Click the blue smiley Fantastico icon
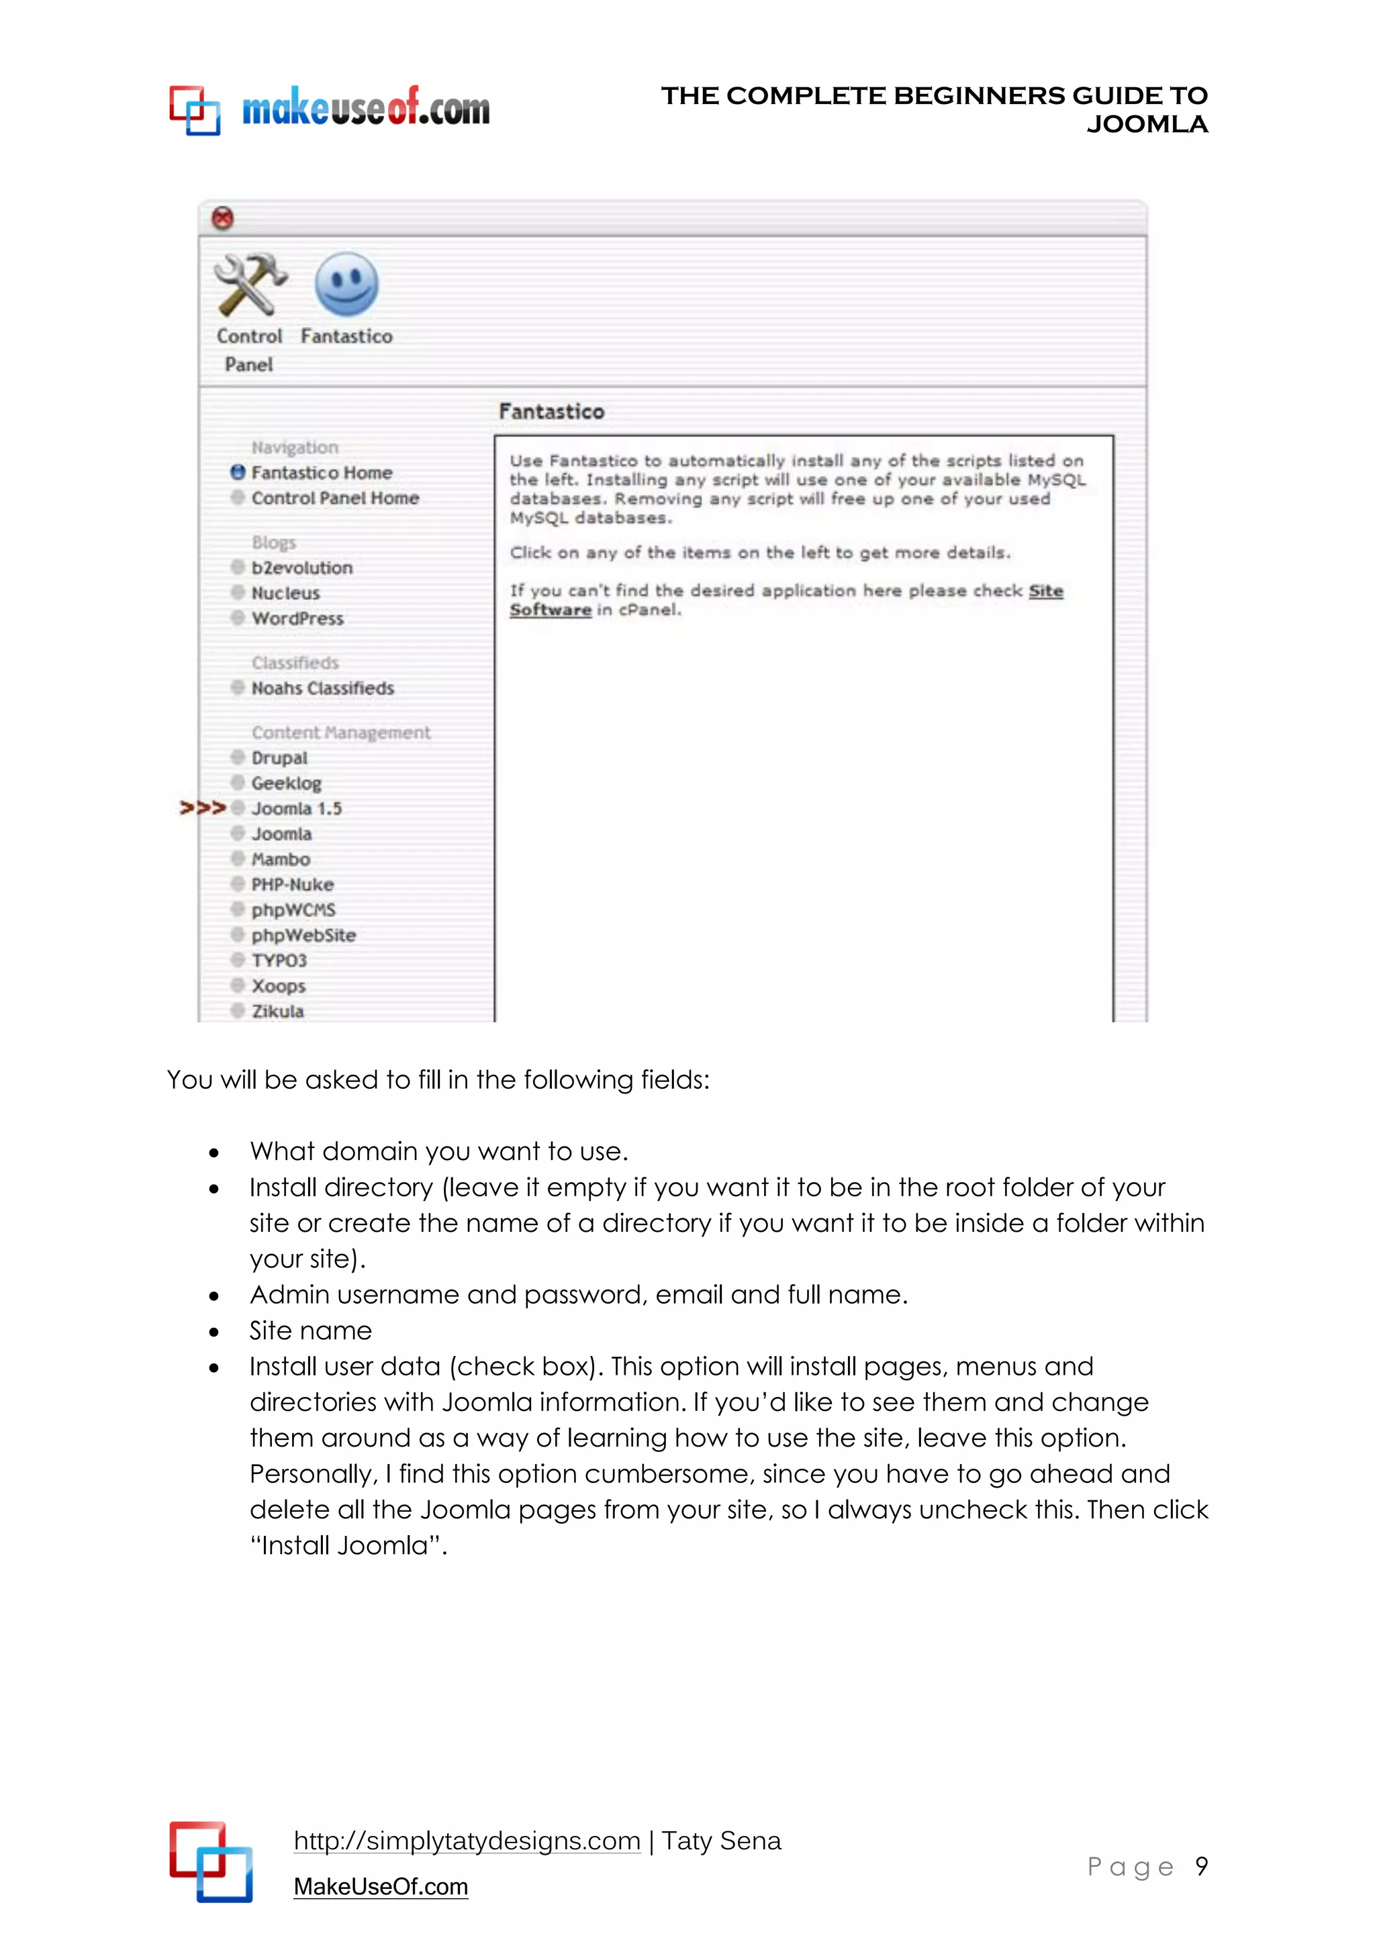point(346,285)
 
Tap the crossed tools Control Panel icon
point(250,285)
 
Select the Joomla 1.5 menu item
point(295,809)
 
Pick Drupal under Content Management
point(279,758)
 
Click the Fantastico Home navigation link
point(321,473)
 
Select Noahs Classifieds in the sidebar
point(322,688)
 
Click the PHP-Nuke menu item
point(292,885)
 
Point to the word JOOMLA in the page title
point(1147,124)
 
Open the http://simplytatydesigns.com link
point(467,1841)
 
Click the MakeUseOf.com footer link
point(380,1887)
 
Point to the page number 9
point(1200,1866)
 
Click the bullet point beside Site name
point(214,1332)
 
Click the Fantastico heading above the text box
point(551,411)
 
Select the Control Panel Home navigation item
point(334,498)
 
